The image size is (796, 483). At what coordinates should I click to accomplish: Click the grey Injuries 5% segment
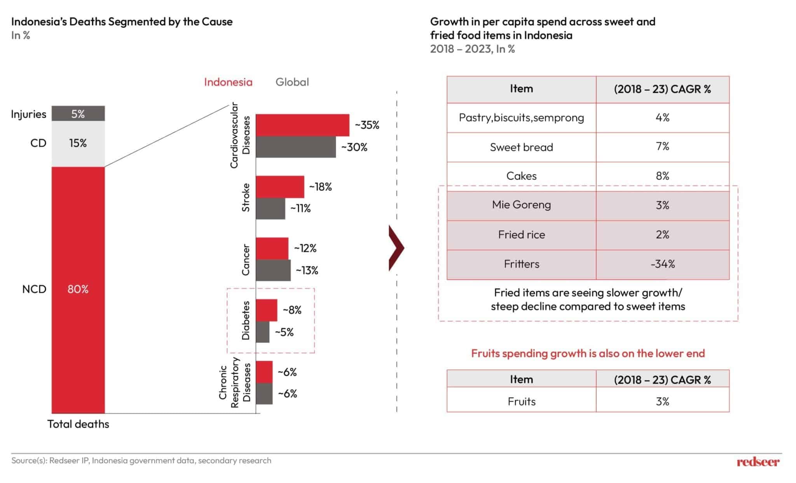pyautogui.click(x=78, y=113)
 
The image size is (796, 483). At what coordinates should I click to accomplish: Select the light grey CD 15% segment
pyautogui.click(x=78, y=143)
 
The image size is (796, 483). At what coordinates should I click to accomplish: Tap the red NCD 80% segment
pyautogui.click(x=78, y=289)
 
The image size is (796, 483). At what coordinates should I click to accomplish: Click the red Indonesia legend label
pyautogui.click(x=228, y=82)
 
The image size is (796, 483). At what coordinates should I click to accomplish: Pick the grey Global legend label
pyautogui.click(x=292, y=82)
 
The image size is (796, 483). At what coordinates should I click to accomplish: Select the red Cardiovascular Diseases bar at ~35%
pyautogui.click(x=302, y=125)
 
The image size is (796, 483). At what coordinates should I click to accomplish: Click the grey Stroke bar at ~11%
pyautogui.click(x=270, y=209)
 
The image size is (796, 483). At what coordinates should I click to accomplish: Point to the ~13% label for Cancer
pyautogui.click(x=307, y=270)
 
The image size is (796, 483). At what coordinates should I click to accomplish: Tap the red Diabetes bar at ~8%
pyautogui.click(x=267, y=310)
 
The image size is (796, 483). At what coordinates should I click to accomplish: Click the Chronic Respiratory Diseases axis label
pyautogui.click(x=235, y=383)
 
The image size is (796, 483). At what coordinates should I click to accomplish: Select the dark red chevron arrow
pyautogui.click(x=396, y=248)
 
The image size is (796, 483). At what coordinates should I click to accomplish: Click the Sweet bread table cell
pyautogui.click(x=521, y=147)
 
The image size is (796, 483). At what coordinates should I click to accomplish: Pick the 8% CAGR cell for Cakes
pyautogui.click(x=662, y=176)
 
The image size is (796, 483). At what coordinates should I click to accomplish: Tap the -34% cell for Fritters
pyautogui.click(x=662, y=264)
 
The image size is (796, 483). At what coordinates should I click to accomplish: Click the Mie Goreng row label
pyautogui.click(x=521, y=205)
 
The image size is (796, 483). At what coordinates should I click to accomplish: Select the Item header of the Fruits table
pyautogui.click(x=521, y=379)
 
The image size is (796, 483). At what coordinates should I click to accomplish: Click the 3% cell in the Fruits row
pyautogui.click(x=662, y=401)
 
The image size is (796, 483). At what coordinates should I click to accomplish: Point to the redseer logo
pyautogui.click(x=758, y=462)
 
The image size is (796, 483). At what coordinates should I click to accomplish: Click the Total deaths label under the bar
pyautogui.click(x=78, y=424)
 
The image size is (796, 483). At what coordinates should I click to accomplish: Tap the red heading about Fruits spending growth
pyautogui.click(x=588, y=353)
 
